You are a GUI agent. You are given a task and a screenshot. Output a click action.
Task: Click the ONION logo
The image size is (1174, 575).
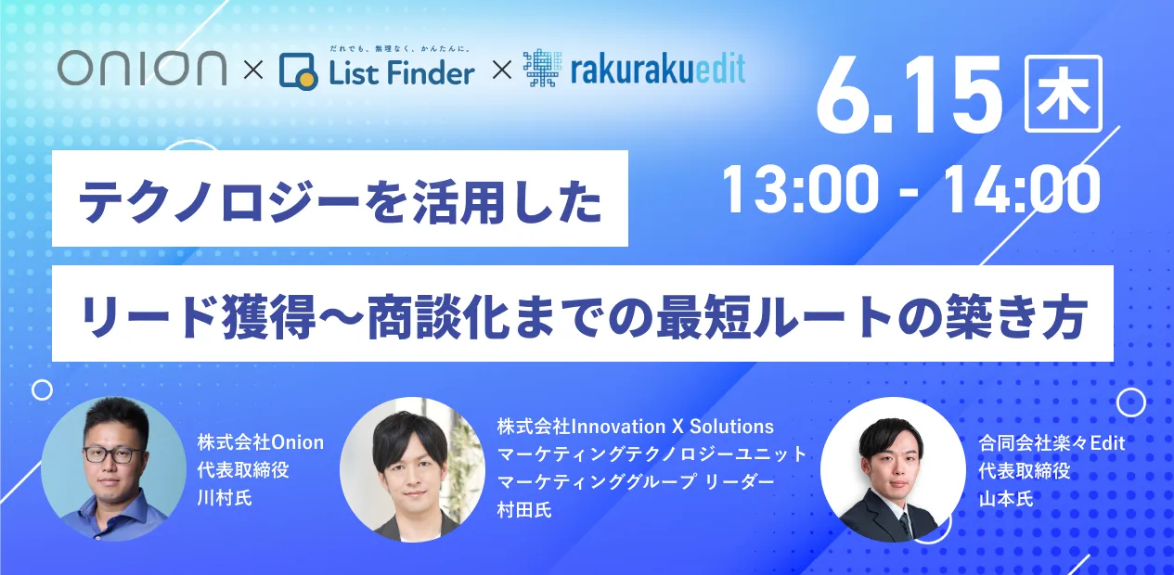pos(142,68)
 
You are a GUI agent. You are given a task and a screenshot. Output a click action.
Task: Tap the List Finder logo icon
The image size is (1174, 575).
pos(298,71)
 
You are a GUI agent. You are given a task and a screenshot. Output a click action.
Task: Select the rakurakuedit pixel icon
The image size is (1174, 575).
pos(542,68)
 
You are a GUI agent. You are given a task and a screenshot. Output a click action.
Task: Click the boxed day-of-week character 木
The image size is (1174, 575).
pos(1063,94)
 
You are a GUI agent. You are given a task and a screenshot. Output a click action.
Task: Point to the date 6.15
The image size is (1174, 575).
pos(909,96)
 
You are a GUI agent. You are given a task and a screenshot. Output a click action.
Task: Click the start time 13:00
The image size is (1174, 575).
pos(800,189)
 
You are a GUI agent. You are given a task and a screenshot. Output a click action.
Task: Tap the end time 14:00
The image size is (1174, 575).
pos(1021,189)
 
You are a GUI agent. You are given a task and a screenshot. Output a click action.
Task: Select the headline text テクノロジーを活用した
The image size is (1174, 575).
pos(341,199)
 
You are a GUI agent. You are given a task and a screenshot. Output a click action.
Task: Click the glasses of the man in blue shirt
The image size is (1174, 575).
pos(115,454)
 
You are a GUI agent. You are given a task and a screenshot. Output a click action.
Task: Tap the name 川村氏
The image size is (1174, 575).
pos(225,497)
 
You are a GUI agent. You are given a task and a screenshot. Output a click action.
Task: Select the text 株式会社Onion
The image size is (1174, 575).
pos(261,442)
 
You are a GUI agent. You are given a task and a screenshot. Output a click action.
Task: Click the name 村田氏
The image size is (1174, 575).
pos(524,509)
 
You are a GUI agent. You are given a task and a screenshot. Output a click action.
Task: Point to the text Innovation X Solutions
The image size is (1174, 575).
pos(672,427)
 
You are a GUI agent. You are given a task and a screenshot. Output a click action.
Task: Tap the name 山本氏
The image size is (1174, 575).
pos(1006,499)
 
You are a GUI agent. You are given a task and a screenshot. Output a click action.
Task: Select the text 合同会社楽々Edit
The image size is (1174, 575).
pos(1051,443)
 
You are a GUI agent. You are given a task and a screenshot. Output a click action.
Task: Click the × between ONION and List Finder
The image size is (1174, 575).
pos(253,70)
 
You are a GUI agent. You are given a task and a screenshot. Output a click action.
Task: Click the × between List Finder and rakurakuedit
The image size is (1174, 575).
pos(502,70)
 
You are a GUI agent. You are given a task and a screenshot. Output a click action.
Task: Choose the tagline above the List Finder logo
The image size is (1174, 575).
pos(400,49)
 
